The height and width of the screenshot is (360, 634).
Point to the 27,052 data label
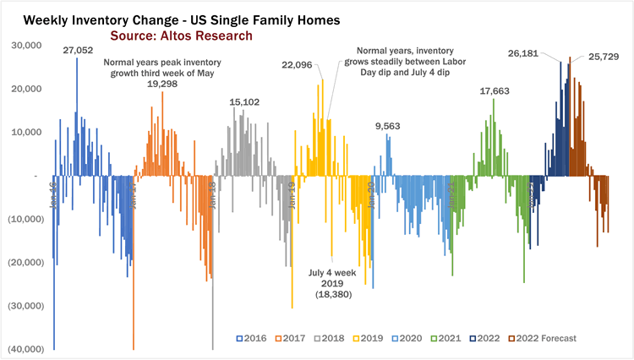[78, 51]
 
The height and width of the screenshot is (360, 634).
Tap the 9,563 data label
[388, 126]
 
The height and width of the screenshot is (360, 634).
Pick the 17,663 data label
[495, 91]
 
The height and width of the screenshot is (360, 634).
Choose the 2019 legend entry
[371, 338]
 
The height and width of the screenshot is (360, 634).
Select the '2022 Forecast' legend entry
[543, 338]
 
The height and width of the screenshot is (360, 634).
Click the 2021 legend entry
[450, 338]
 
